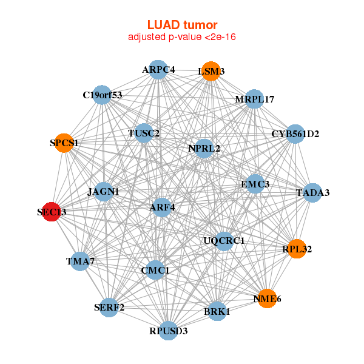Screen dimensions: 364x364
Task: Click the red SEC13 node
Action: [x=52, y=212]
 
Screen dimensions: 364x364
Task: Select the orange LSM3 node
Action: [x=211, y=71]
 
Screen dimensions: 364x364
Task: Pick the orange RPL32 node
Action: [x=297, y=249]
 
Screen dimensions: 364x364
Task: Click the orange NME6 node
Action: [x=267, y=298]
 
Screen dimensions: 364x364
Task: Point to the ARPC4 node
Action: [x=158, y=69]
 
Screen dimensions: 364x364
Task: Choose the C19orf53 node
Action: [x=103, y=95]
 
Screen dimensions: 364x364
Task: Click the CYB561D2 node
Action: [x=295, y=133]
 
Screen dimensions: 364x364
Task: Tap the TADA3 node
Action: [x=312, y=193]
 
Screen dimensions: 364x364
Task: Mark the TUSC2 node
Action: [x=144, y=133]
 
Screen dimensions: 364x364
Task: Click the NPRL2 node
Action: [x=204, y=147]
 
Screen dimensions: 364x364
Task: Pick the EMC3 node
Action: [x=255, y=183]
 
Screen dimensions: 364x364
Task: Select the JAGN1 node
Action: [x=104, y=192]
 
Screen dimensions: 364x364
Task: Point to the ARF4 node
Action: [x=162, y=207]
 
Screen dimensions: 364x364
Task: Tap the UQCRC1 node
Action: [x=224, y=241]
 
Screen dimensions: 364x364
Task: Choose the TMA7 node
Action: [x=81, y=261]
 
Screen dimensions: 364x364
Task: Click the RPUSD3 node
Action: [x=169, y=331]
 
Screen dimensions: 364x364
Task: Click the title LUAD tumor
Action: [x=182, y=25]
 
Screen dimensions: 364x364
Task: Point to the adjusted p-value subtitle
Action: [x=182, y=37]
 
